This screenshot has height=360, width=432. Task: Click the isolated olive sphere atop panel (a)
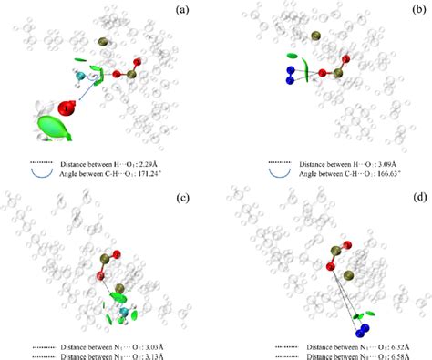(x=102, y=41)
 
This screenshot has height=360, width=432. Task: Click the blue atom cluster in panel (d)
(x=365, y=324)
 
